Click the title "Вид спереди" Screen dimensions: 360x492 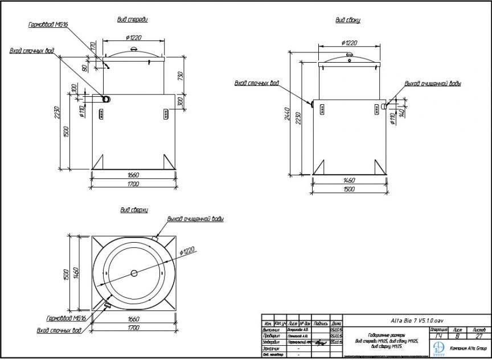point(133,19)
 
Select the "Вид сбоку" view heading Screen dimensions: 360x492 point(347,20)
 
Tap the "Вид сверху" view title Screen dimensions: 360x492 point(134,210)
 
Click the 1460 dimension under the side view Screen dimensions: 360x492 point(348,180)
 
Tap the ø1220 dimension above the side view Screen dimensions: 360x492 point(348,43)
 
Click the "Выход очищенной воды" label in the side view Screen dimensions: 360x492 point(432,84)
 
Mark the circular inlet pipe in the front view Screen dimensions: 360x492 point(106,99)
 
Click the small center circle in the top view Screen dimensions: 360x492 point(134,273)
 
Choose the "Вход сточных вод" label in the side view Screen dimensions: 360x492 point(257,83)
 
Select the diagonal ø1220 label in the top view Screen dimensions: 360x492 point(187,250)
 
